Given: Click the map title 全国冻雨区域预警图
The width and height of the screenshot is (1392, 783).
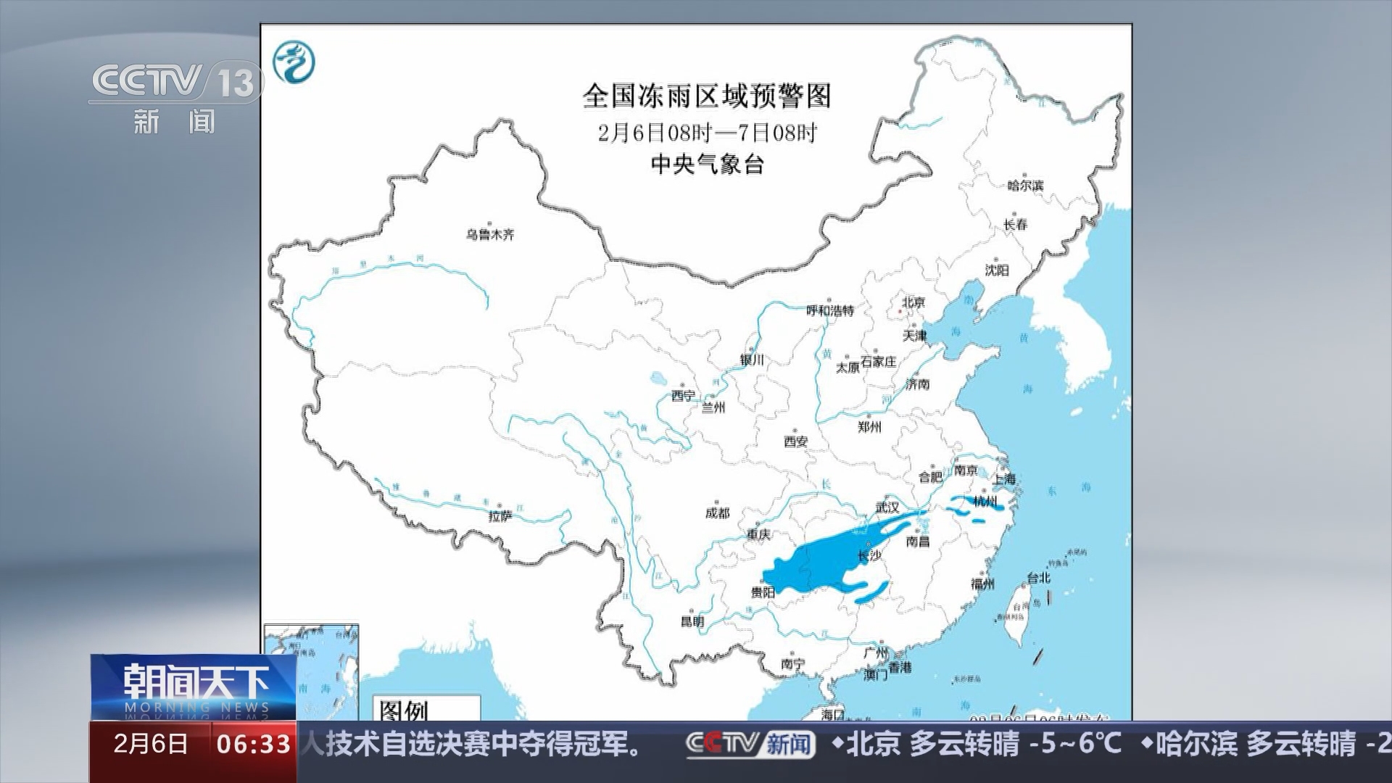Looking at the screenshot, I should pos(706,96).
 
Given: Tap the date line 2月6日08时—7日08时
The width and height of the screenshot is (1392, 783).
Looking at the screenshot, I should pos(707,133).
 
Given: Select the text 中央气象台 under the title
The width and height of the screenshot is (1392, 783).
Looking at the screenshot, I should pos(707,165).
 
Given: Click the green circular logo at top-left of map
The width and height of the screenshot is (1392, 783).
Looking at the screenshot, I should pos(294,62).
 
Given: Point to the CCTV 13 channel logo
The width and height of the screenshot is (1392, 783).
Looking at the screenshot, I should pos(175,81).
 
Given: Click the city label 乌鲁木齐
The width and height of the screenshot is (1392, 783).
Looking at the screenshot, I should pos(490,235).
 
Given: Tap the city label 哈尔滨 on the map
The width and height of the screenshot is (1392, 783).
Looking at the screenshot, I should pos(1025,186).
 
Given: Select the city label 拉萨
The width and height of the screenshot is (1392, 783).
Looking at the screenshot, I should pos(500,515).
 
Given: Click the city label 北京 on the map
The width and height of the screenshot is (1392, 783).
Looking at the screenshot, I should pos(913,302).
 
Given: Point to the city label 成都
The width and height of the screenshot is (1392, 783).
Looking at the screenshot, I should pos(717,513).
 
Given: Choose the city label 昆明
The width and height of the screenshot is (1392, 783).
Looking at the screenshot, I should pos(692,621).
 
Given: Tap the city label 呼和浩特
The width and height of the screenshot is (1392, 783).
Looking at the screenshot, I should pos(831,310).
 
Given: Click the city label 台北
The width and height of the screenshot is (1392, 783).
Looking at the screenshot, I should pos(1038,578).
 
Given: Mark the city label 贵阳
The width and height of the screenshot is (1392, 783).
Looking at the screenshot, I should pos(763,592).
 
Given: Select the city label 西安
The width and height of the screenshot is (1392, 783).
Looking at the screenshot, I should pos(795,441).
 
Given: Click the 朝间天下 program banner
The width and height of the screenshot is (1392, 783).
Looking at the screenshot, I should pos(194,686).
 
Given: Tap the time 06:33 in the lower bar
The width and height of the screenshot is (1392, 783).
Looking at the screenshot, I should pos(254,744).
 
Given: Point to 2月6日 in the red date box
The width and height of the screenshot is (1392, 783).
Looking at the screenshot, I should pos(151,744).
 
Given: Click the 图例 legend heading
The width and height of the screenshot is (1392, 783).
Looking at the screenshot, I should pos(404,710).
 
